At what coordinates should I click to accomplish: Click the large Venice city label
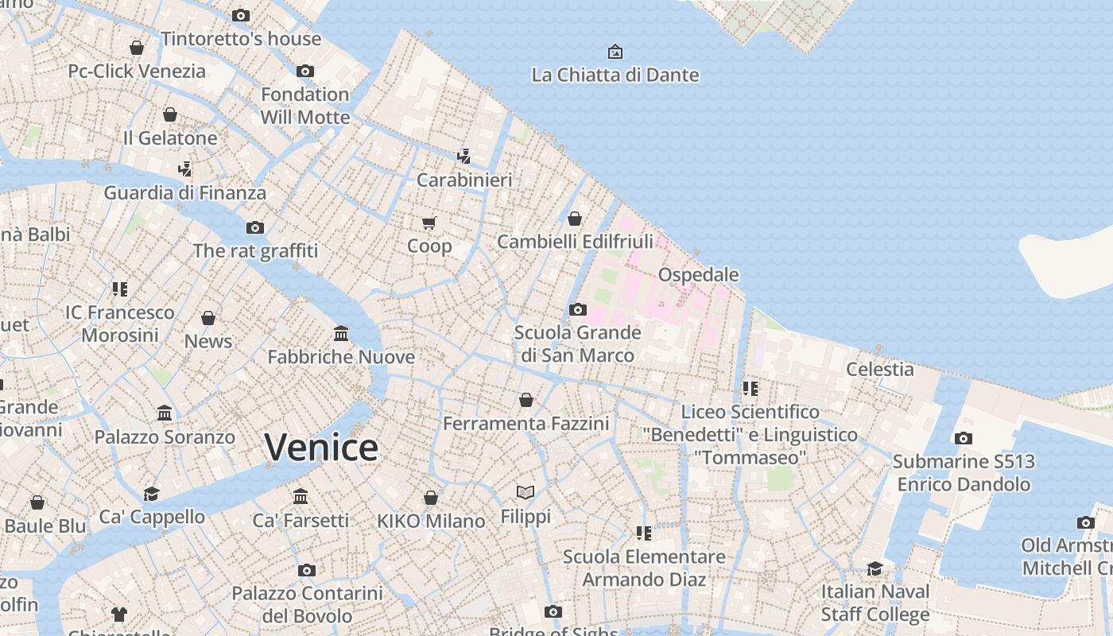pyautogui.click(x=321, y=448)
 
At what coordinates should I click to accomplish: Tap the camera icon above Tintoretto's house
pyautogui.click(x=241, y=15)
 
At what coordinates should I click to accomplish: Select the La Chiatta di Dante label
pyautogui.click(x=615, y=76)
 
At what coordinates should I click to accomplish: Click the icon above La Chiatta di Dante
pyautogui.click(x=615, y=52)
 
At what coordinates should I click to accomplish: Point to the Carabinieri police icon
pyautogui.click(x=463, y=157)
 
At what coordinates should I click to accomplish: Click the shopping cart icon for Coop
pyautogui.click(x=429, y=223)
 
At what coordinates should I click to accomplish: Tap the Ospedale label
pyautogui.click(x=698, y=275)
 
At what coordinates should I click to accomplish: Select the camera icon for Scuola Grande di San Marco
pyautogui.click(x=578, y=309)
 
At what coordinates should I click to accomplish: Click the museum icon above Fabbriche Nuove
pyautogui.click(x=341, y=333)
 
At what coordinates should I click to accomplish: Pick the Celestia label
pyautogui.click(x=879, y=369)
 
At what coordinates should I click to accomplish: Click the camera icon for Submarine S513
pyautogui.click(x=964, y=438)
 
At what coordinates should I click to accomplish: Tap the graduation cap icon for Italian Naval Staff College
pyautogui.click(x=874, y=568)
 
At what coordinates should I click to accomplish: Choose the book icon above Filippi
pyautogui.click(x=525, y=493)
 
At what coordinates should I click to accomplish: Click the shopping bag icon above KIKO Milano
pyautogui.click(x=431, y=498)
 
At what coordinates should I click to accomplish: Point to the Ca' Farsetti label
pyautogui.click(x=301, y=521)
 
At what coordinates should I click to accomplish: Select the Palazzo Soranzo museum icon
pyautogui.click(x=165, y=413)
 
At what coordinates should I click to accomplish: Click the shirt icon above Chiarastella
pyautogui.click(x=119, y=614)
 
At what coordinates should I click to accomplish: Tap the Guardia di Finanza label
pyautogui.click(x=185, y=192)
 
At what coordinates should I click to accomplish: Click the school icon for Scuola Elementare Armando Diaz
pyautogui.click(x=644, y=533)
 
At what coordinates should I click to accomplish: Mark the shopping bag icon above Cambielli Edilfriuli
pyautogui.click(x=575, y=218)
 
